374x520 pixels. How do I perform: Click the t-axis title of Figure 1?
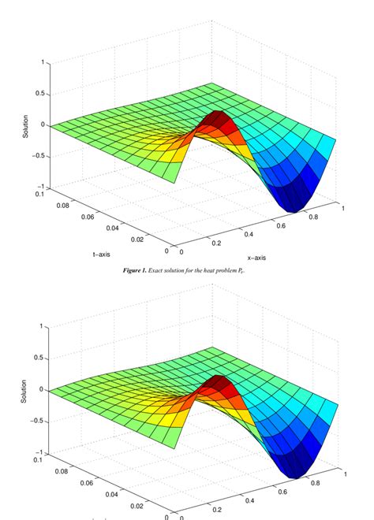click(x=102, y=254)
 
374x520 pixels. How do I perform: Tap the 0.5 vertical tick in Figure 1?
click(x=38, y=94)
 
